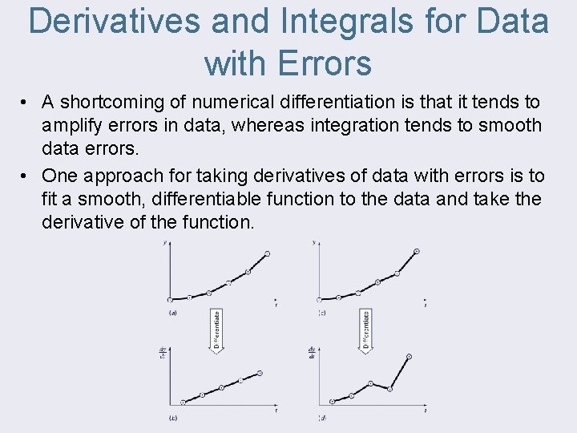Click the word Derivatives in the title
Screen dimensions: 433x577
click(x=113, y=22)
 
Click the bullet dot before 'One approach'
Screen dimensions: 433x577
click(x=26, y=176)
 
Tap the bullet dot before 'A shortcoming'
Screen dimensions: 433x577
click(x=26, y=103)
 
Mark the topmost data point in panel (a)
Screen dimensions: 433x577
click(x=268, y=253)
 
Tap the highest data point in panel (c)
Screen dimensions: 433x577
click(x=416, y=252)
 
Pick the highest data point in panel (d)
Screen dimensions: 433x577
click(x=410, y=356)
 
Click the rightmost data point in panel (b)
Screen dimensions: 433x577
click(x=260, y=374)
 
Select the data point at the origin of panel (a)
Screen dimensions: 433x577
click(x=170, y=298)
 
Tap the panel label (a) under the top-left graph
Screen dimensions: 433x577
click(x=172, y=313)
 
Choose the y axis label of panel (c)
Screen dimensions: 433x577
click(x=313, y=242)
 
